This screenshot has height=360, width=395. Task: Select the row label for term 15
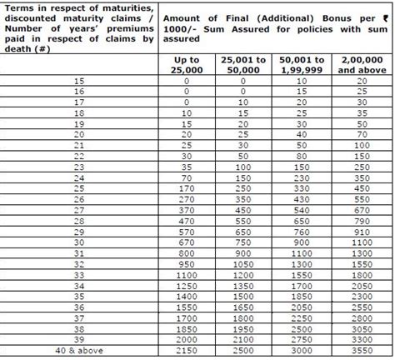(x=81, y=82)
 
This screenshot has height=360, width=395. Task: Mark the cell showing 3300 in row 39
(x=361, y=341)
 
